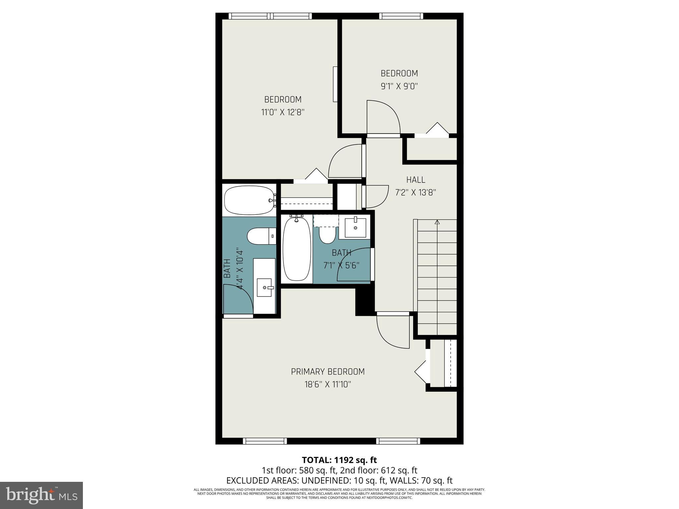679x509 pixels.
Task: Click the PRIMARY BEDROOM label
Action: (x=328, y=371)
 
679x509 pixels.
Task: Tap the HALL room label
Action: (x=415, y=180)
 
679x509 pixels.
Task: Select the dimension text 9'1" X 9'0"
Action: (x=399, y=86)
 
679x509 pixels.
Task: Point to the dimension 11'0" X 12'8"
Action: (x=283, y=112)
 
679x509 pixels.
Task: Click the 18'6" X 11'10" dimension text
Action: (x=328, y=384)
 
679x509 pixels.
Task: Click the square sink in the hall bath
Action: (x=355, y=228)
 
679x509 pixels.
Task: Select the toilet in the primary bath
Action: (x=261, y=236)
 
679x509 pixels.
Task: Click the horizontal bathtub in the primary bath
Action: (x=249, y=200)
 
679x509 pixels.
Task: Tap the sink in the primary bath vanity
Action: (x=265, y=287)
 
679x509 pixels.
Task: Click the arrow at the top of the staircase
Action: (x=437, y=222)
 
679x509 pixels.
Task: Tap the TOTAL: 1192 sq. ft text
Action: (x=339, y=460)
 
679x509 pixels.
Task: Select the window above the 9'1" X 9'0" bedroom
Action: (x=401, y=16)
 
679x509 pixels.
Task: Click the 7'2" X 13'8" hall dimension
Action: (x=415, y=193)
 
